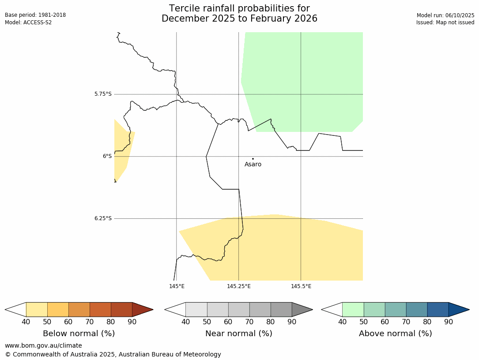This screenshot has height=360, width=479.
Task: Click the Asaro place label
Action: click(253, 165)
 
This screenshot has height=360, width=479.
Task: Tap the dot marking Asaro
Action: click(253, 158)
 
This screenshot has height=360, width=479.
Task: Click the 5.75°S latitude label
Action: click(103, 94)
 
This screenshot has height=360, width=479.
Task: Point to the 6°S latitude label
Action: click(107, 156)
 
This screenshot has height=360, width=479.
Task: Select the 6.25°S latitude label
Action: click(103, 218)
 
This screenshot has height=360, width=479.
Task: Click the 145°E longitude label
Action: click(177, 286)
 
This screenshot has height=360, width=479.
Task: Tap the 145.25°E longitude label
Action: click(239, 286)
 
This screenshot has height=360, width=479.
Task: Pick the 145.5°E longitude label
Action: click(301, 286)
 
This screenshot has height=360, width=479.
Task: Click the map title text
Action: click(239, 14)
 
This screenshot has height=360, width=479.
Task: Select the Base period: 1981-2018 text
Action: click(35, 15)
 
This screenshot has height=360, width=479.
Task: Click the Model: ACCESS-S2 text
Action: click(28, 22)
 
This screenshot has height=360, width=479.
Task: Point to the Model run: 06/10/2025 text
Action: click(445, 15)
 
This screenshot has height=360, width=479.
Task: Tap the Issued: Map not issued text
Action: click(445, 22)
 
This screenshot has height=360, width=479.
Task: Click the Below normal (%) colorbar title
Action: click(79, 334)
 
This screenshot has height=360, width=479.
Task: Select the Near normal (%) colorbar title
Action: click(239, 334)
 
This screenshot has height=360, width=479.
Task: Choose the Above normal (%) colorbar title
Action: click(396, 334)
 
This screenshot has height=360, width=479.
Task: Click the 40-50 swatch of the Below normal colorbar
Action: click(37, 309)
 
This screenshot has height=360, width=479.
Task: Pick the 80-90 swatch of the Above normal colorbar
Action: click(438, 309)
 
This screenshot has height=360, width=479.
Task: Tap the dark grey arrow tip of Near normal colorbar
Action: click(300, 309)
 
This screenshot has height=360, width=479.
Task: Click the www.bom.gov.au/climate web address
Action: click(43, 345)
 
